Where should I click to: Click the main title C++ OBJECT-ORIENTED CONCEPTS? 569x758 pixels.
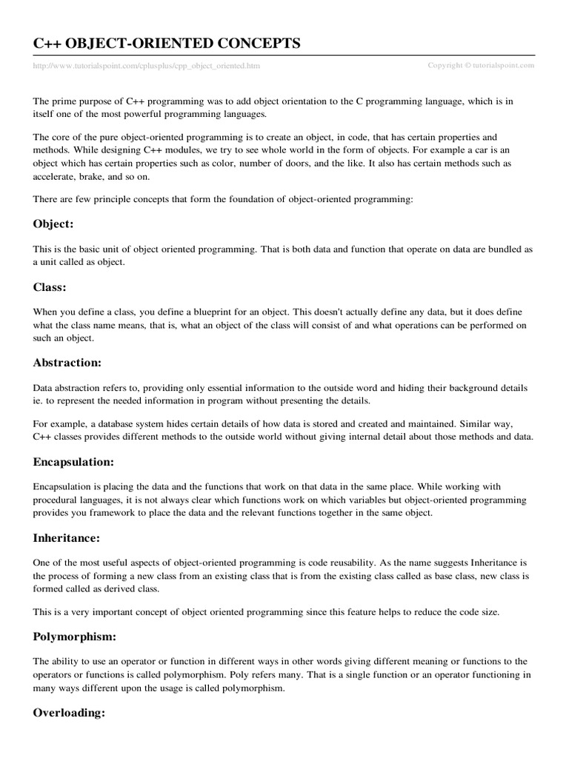click(x=167, y=44)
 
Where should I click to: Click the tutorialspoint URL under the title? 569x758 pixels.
click(x=147, y=66)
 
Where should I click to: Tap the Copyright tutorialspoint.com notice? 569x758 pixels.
click(x=481, y=65)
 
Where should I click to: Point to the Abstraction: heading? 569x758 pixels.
click(x=67, y=363)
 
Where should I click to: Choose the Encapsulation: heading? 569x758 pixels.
click(x=73, y=462)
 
